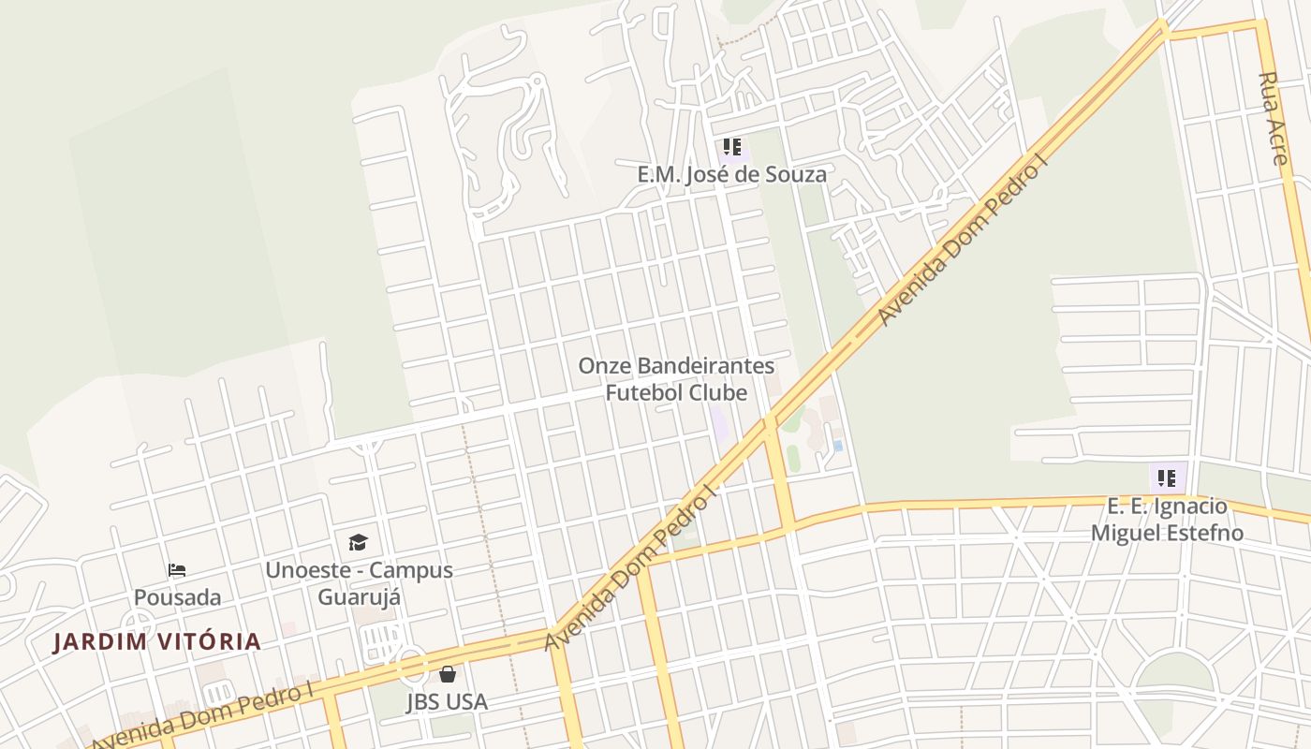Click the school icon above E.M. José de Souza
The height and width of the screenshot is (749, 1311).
tap(731, 147)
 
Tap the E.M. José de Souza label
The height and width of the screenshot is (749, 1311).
tap(731, 174)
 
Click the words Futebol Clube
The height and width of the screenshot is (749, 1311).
tap(676, 392)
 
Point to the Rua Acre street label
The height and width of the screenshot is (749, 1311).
tap(1274, 118)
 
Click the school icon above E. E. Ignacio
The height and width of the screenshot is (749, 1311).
tap(1167, 478)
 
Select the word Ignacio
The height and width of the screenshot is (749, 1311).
tap(1192, 507)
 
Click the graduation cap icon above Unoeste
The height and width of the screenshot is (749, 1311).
tap(358, 542)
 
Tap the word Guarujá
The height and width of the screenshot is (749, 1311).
tap(360, 597)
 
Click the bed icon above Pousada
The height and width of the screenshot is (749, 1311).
tap(177, 569)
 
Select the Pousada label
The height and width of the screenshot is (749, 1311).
tap(178, 597)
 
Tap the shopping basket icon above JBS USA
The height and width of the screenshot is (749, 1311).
tap(448, 674)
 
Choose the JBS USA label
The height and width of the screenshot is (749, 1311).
tap(448, 702)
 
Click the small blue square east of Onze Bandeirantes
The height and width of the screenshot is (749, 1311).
tap(838, 446)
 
